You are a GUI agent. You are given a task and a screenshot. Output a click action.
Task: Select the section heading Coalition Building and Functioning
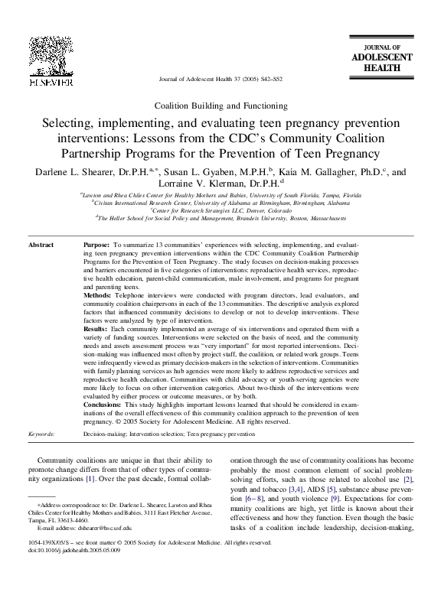click(220, 104)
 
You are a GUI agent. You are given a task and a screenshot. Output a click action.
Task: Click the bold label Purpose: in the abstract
click(97, 246)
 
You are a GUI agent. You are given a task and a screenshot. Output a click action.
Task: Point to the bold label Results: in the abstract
click(96, 330)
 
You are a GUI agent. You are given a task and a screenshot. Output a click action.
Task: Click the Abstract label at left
click(41, 246)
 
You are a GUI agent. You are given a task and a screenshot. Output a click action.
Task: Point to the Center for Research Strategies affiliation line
click(220, 210)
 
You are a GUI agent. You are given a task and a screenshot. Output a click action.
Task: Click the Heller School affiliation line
click(220, 218)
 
